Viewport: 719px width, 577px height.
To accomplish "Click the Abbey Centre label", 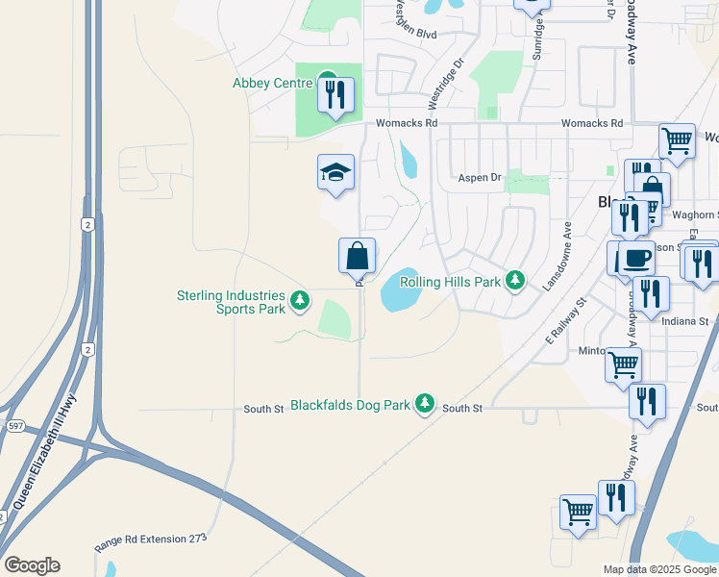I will [273, 83].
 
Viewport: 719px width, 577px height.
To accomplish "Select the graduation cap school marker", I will [335, 172].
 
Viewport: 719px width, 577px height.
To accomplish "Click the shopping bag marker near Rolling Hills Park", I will [357, 256].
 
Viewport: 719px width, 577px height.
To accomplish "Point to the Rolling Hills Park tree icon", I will [516, 281].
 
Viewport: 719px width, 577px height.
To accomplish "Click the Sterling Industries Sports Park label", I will [231, 302].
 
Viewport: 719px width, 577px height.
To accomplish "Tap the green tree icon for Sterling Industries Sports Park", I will [300, 301].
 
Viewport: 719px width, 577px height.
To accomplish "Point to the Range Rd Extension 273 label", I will [151, 540].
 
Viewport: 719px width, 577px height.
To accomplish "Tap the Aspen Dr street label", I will [480, 178].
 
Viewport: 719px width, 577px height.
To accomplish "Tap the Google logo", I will [32, 564].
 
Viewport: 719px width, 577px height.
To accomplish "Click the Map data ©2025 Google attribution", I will [658, 569].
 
